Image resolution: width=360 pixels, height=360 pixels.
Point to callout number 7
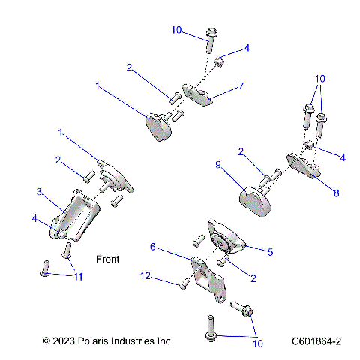[x=241, y=87]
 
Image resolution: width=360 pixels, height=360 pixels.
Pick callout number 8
[x=335, y=193]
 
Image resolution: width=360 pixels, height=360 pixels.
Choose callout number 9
[x=218, y=164]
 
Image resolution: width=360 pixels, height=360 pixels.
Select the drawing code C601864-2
[x=316, y=341]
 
